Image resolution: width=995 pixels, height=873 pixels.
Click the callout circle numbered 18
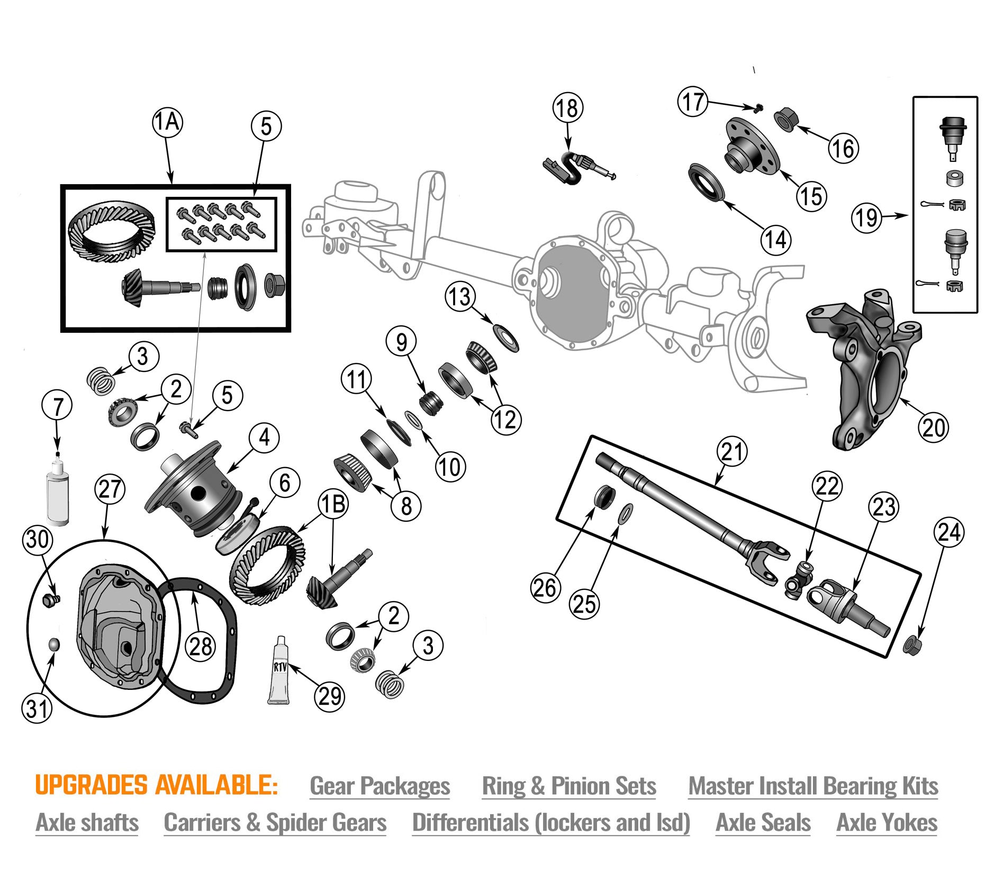568,108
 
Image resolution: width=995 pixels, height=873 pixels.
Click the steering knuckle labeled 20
863,370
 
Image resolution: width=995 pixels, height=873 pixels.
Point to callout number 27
110,489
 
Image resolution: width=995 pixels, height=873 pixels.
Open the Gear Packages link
379,786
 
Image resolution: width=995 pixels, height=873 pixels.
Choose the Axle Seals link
763,823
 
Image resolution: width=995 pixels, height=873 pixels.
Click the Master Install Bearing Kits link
813,786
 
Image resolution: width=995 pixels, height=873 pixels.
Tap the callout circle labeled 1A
167,122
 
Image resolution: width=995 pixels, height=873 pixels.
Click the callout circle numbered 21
732,452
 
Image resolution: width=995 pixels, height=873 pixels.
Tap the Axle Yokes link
887,823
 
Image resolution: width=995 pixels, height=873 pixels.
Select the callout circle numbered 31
37,708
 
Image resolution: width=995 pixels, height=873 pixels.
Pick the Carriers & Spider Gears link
275,823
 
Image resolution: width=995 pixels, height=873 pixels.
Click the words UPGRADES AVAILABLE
156,785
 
